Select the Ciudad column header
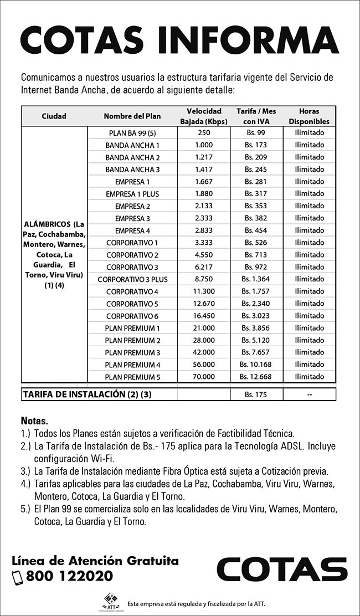(x=54, y=116)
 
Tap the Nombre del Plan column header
(x=132, y=116)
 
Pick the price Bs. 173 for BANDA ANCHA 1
(x=256, y=145)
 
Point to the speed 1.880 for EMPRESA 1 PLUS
(x=204, y=194)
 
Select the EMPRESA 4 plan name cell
(x=132, y=230)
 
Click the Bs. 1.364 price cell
(x=256, y=279)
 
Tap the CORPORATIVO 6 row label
(x=132, y=316)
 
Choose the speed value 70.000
(x=204, y=377)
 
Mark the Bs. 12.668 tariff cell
(x=256, y=377)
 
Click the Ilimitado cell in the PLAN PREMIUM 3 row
(x=310, y=352)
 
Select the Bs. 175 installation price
(x=256, y=394)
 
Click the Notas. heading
(x=34, y=420)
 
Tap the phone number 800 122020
(x=69, y=576)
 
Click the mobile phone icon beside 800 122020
(x=17, y=577)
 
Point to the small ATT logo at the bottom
(x=111, y=602)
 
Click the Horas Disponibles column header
(x=309, y=116)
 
